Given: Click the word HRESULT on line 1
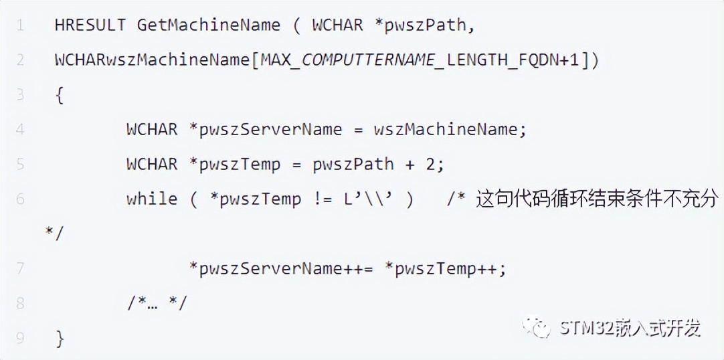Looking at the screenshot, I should point(90,25).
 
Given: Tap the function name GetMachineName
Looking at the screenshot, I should point(209,25).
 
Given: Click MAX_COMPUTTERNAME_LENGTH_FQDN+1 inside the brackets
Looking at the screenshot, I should point(421,60).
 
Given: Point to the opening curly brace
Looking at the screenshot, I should point(60,95).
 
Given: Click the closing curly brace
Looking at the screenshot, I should point(60,338).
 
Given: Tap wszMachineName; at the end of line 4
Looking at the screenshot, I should point(450,129).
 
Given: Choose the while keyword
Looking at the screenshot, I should point(151,199).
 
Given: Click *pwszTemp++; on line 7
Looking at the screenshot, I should point(445,268).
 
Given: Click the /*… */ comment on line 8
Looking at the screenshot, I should point(157,303).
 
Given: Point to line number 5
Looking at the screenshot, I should point(20,164).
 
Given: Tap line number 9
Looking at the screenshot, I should point(20,338).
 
